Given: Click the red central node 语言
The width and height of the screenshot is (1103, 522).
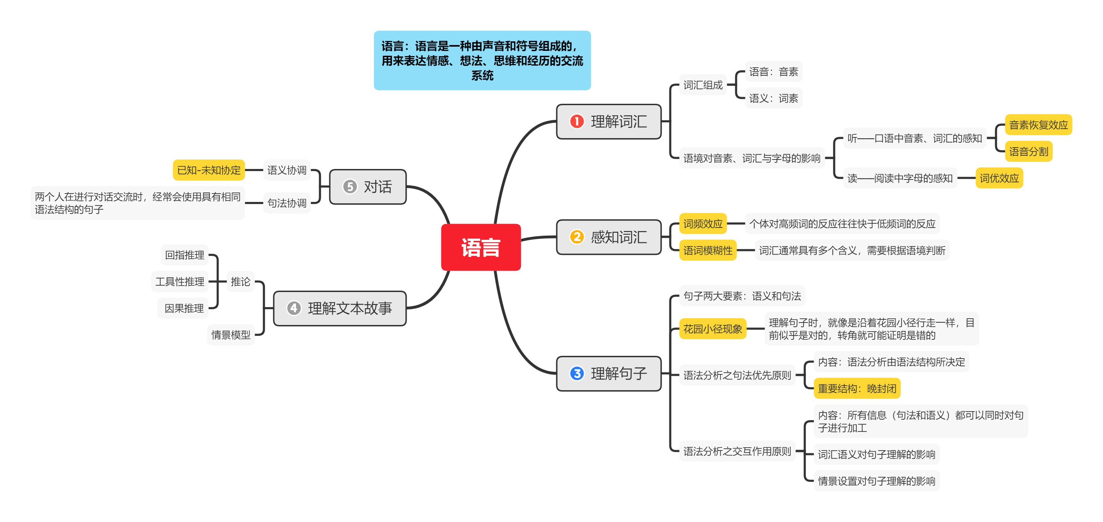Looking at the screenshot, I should click(481, 247).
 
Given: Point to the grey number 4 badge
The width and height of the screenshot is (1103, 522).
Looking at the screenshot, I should click(294, 308).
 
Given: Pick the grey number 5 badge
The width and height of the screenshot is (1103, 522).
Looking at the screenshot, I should click(350, 187).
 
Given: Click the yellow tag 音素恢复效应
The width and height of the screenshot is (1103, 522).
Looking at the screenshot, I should click(1038, 125).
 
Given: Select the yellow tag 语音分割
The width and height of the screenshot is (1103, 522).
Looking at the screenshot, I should click(1028, 151).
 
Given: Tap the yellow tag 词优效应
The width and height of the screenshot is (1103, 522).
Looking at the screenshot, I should click(999, 178).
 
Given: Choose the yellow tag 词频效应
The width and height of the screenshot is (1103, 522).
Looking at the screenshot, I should click(703, 223).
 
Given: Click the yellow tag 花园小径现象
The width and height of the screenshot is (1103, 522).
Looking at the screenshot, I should click(712, 329).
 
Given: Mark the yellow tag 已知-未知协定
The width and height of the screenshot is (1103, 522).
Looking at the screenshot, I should click(208, 170).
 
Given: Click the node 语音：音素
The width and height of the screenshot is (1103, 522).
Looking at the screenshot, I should click(773, 72).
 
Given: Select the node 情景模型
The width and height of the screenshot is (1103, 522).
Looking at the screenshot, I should click(231, 335).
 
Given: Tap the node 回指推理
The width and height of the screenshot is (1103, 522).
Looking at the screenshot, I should click(185, 255).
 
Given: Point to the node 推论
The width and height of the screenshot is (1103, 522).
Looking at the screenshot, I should click(240, 282).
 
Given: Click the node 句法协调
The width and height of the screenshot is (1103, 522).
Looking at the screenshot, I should click(287, 203).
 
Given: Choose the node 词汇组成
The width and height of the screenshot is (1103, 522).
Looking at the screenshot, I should click(703, 85).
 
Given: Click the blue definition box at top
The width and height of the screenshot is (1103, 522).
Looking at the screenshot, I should click(482, 60).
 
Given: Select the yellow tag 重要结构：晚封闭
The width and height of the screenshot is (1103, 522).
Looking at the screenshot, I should click(857, 388).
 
